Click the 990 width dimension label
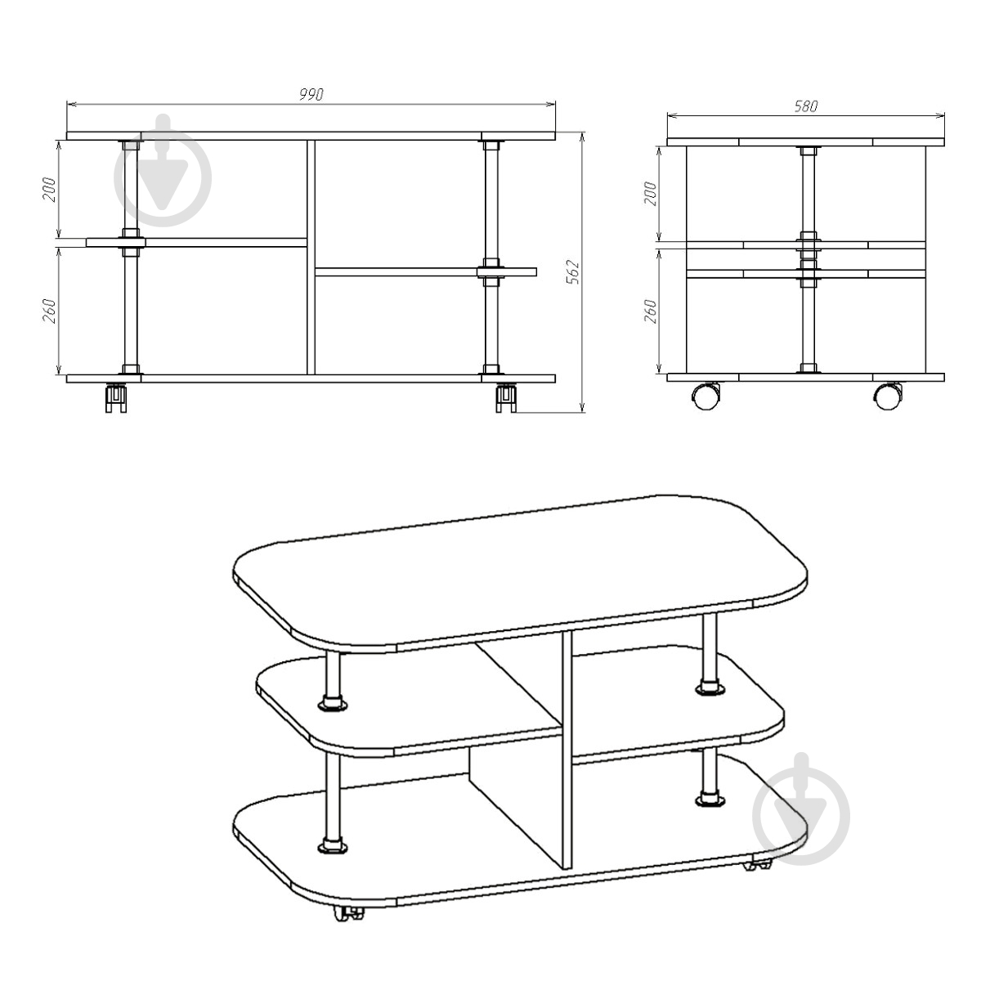point(311,95)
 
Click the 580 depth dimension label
point(806,106)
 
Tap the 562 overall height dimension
point(574,272)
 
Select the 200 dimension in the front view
point(49,190)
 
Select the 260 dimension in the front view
point(49,311)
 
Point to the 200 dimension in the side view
point(651,194)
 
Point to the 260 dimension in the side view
point(651,311)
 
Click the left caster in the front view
point(117,398)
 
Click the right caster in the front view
point(507,398)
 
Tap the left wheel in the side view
point(707,396)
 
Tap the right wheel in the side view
point(889,396)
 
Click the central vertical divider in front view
point(311,258)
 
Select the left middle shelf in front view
point(196,242)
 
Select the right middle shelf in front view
point(426,272)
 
